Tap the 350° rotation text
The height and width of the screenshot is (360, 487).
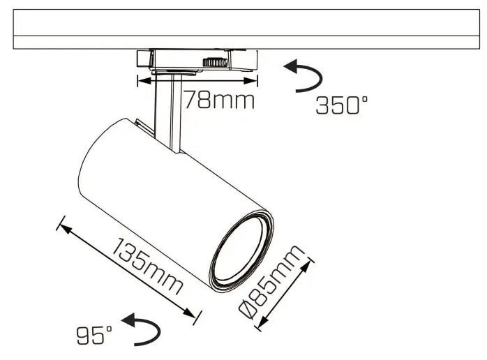pyautogui.click(x=341, y=105)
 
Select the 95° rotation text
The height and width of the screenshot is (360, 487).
pyautogui.click(x=94, y=336)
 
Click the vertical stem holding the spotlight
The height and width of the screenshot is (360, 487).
pyautogui.click(x=168, y=112)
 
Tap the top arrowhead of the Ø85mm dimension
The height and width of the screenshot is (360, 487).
pyautogui.click(x=308, y=262)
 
